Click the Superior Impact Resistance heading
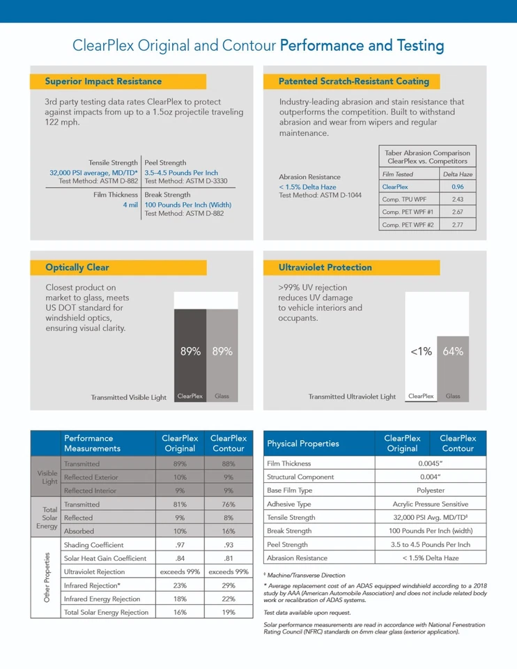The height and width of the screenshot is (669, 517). tap(103, 82)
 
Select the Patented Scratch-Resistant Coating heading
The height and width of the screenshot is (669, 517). tap(353, 82)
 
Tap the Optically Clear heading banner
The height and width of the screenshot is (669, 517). tap(77, 268)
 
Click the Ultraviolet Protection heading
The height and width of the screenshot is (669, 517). tap(325, 268)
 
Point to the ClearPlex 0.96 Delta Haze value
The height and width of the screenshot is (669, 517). tap(457, 187)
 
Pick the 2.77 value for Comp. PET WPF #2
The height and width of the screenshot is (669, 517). tap(457, 224)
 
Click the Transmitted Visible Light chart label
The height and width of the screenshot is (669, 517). tap(129, 397)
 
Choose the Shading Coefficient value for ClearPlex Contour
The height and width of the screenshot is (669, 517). tap(229, 545)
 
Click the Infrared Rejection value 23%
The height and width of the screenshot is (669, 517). tap(180, 585)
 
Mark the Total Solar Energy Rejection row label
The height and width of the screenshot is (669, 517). tap(106, 613)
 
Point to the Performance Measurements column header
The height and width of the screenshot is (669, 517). tap(92, 443)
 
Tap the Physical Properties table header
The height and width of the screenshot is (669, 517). tap(303, 443)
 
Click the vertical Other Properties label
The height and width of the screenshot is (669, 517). tap(46, 578)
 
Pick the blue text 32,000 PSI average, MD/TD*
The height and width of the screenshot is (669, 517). tap(93, 173)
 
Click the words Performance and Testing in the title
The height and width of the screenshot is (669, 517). tap(362, 46)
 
